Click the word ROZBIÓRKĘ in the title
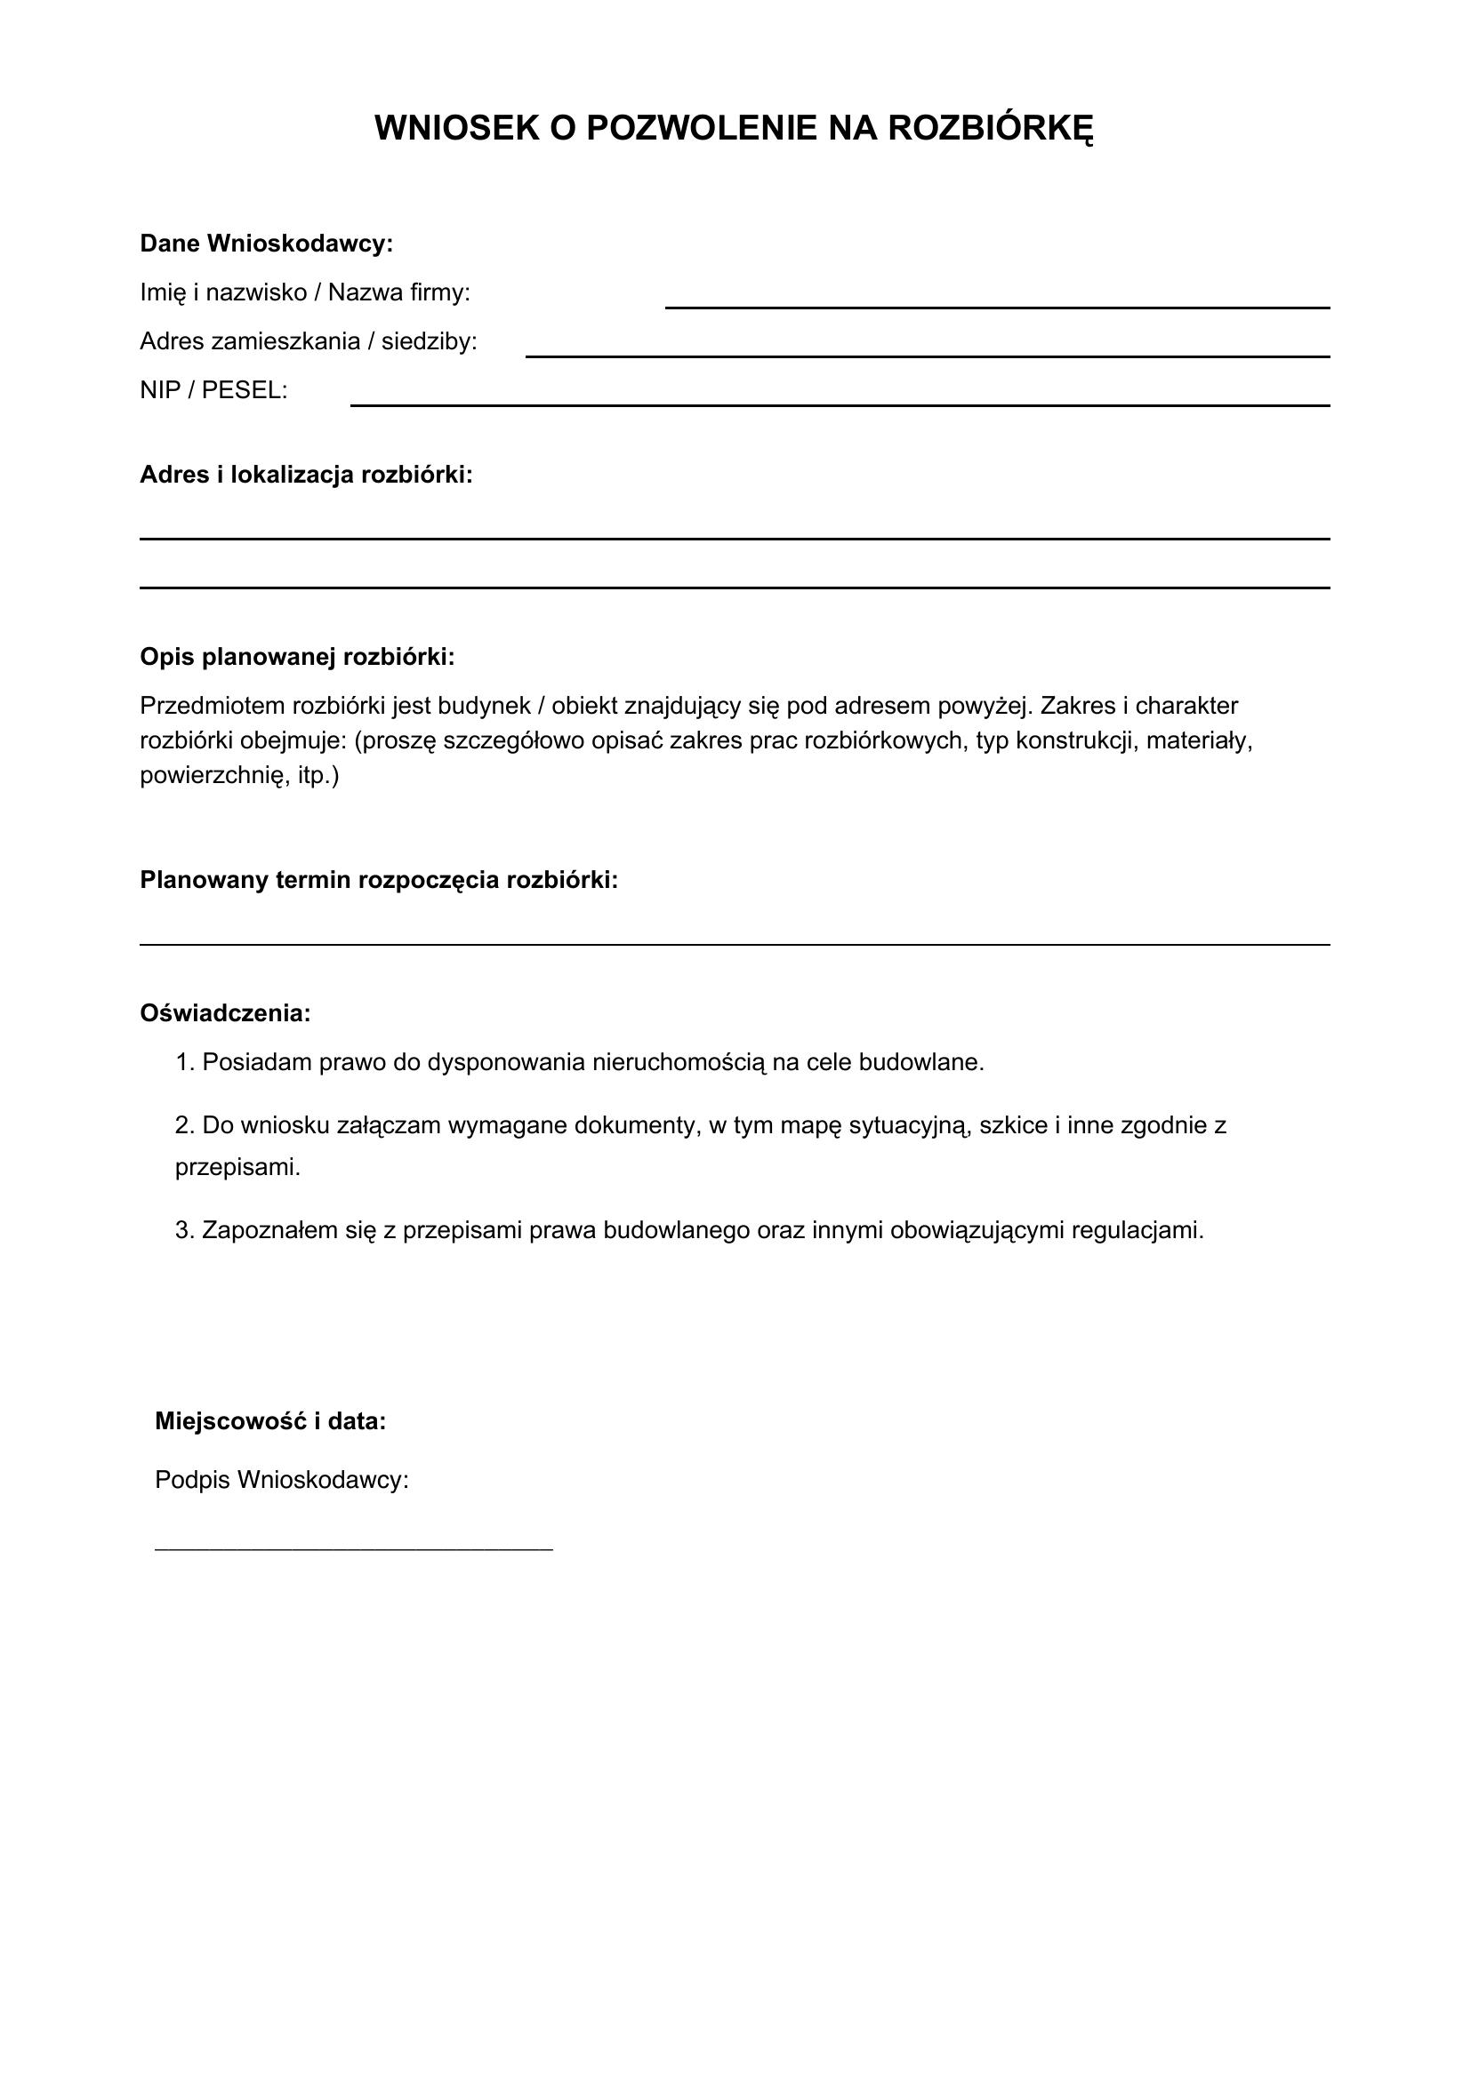coord(990,130)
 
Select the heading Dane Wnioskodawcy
coord(266,244)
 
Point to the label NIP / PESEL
coord(213,390)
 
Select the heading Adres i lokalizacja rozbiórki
coord(306,475)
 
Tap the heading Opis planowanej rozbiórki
coord(297,657)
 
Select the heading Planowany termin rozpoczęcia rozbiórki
coord(379,880)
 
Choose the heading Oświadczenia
coord(226,1013)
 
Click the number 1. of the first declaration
coord(185,1062)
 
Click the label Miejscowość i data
coord(271,1421)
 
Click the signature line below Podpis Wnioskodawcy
coord(353,1549)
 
